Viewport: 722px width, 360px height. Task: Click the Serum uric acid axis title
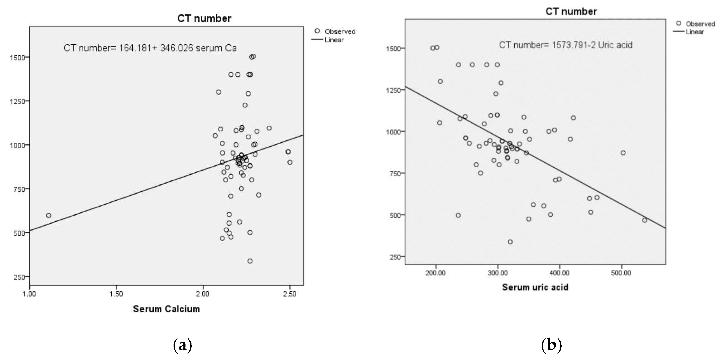535,287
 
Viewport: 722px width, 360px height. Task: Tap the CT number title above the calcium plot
204,19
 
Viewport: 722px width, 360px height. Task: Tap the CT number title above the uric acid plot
571,12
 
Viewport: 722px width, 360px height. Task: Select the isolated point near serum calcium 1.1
49,215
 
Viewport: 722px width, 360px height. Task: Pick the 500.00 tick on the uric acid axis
621,273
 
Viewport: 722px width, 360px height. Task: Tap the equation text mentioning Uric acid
566,45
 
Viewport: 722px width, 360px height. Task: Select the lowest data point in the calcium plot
250,261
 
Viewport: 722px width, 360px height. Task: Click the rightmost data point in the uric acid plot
645,220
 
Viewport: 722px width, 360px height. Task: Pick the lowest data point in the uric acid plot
510,242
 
